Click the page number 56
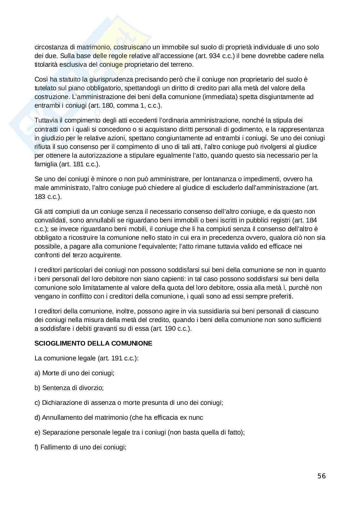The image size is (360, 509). (322, 476)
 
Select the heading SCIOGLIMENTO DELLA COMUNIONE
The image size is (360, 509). (93, 343)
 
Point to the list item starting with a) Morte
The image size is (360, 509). (75, 373)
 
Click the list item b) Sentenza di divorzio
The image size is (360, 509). (69, 388)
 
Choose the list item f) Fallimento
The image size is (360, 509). (80, 447)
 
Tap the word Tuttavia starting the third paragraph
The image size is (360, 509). (45, 121)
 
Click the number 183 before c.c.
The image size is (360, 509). (40, 196)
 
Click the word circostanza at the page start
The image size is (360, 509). (50, 47)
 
